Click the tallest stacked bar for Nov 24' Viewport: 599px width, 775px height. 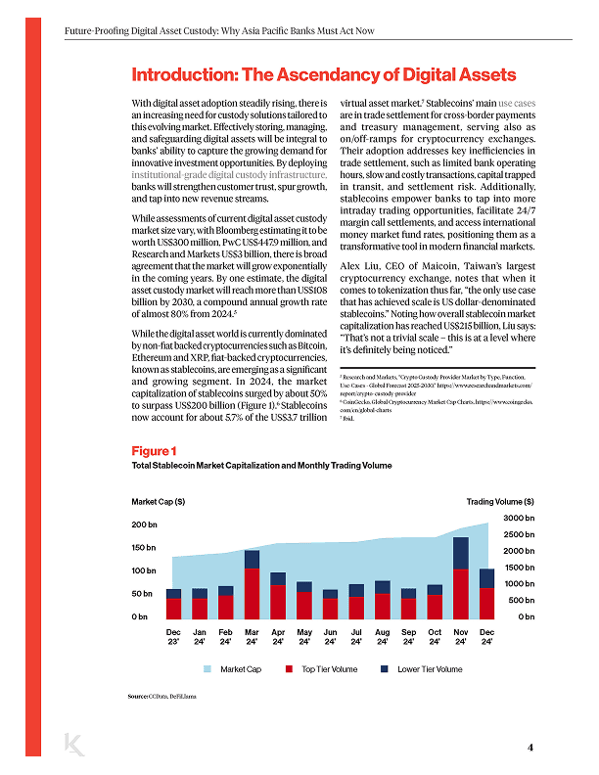click(461, 577)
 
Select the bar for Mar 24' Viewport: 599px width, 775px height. click(252, 583)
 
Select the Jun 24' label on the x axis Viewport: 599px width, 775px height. click(330, 637)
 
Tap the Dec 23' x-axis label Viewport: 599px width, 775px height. click(173, 637)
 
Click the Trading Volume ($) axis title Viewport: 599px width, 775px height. click(499, 502)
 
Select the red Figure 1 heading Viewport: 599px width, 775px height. click(154, 451)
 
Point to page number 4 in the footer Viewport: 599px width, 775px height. click(530, 748)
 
